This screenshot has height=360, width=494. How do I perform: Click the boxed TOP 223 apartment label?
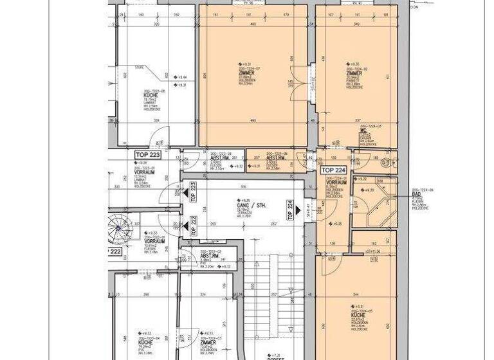point(147,155)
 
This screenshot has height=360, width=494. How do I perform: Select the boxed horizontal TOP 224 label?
point(334,171)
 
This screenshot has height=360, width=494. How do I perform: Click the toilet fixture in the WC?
point(385,161)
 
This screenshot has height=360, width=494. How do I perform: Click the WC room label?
point(363,130)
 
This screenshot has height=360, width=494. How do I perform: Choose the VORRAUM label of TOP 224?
point(337,183)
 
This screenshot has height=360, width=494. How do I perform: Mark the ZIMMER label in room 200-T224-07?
point(246,73)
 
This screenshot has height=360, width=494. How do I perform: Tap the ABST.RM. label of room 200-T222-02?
point(192,256)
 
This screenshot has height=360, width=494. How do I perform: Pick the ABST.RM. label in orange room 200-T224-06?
point(276,157)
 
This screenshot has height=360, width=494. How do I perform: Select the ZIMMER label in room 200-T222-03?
point(207,343)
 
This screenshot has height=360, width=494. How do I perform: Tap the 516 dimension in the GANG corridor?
point(244,187)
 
